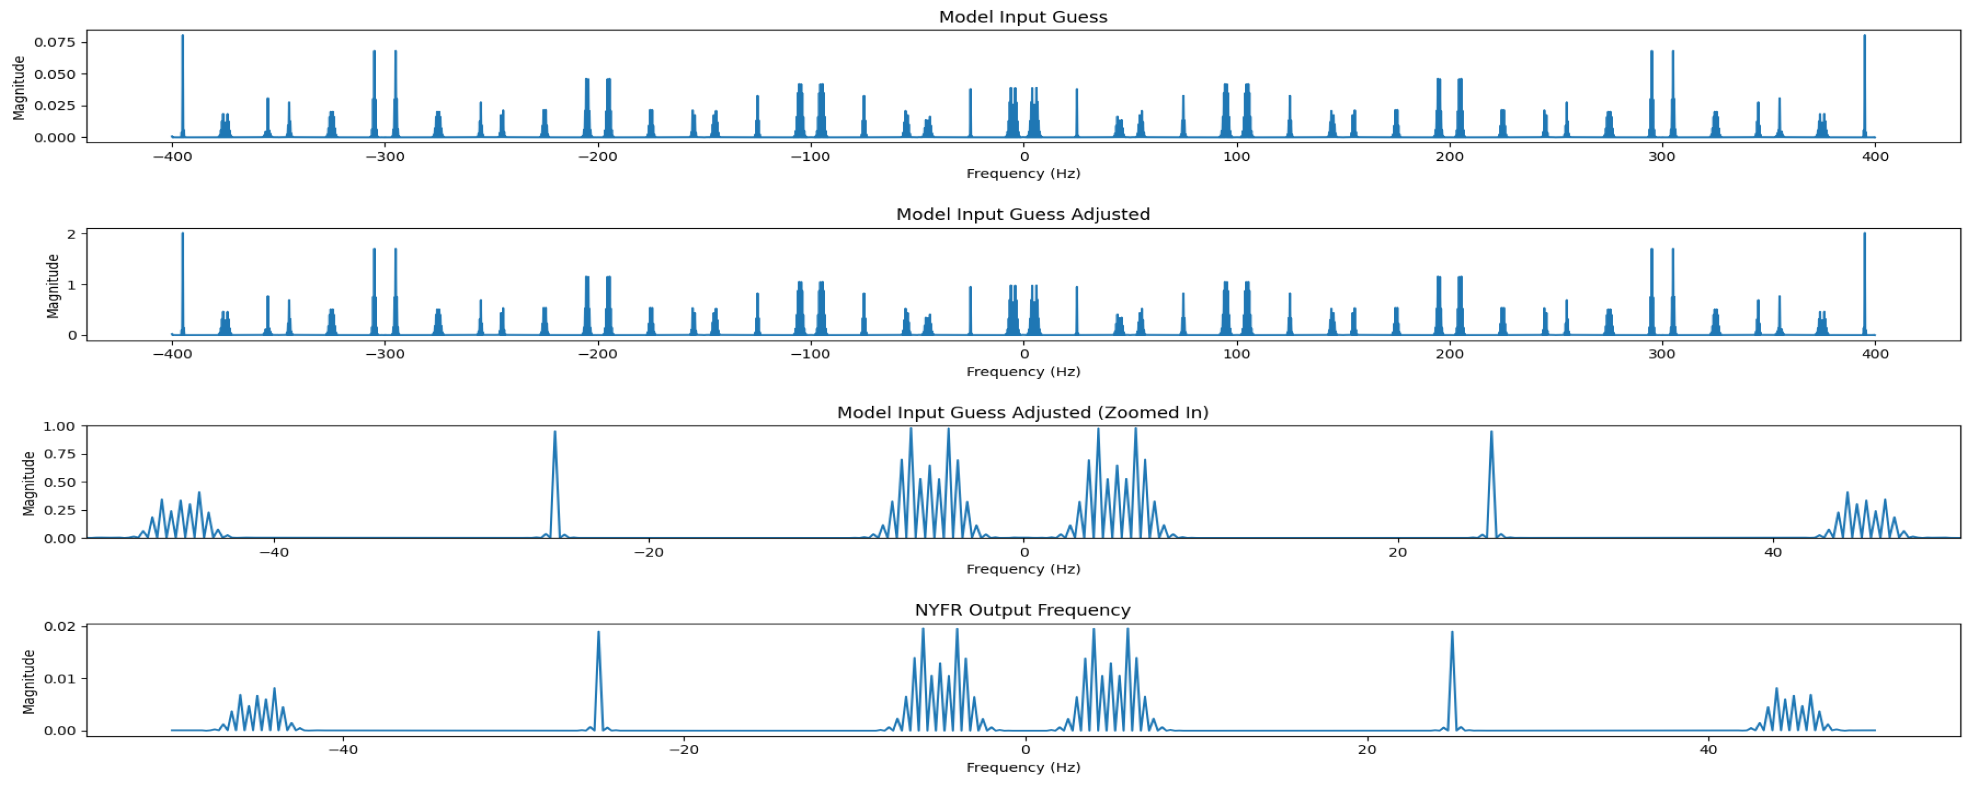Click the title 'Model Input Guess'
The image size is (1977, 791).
pyautogui.click(x=1022, y=17)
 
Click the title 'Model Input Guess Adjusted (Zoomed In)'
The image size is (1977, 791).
pyautogui.click(x=1022, y=413)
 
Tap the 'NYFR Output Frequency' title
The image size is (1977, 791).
pyautogui.click(x=1022, y=610)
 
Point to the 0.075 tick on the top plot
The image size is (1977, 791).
pyautogui.click(x=55, y=42)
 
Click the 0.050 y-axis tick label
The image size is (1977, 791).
pyautogui.click(x=55, y=74)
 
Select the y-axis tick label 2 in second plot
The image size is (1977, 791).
pyautogui.click(x=72, y=234)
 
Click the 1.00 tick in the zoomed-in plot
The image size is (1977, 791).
pyautogui.click(x=60, y=426)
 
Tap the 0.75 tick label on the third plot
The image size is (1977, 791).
pyautogui.click(x=60, y=454)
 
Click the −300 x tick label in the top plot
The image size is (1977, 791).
pyautogui.click(x=384, y=156)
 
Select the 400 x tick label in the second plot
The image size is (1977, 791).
pyautogui.click(x=1875, y=354)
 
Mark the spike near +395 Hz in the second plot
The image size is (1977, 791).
pyautogui.click(x=1864, y=235)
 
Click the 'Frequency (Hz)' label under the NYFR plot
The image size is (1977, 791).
pyautogui.click(x=1022, y=767)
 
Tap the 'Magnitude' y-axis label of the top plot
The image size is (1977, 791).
pyautogui.click(x=19, y=88)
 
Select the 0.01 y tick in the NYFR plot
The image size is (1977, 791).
pyautogui.click(x=60, y=679)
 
